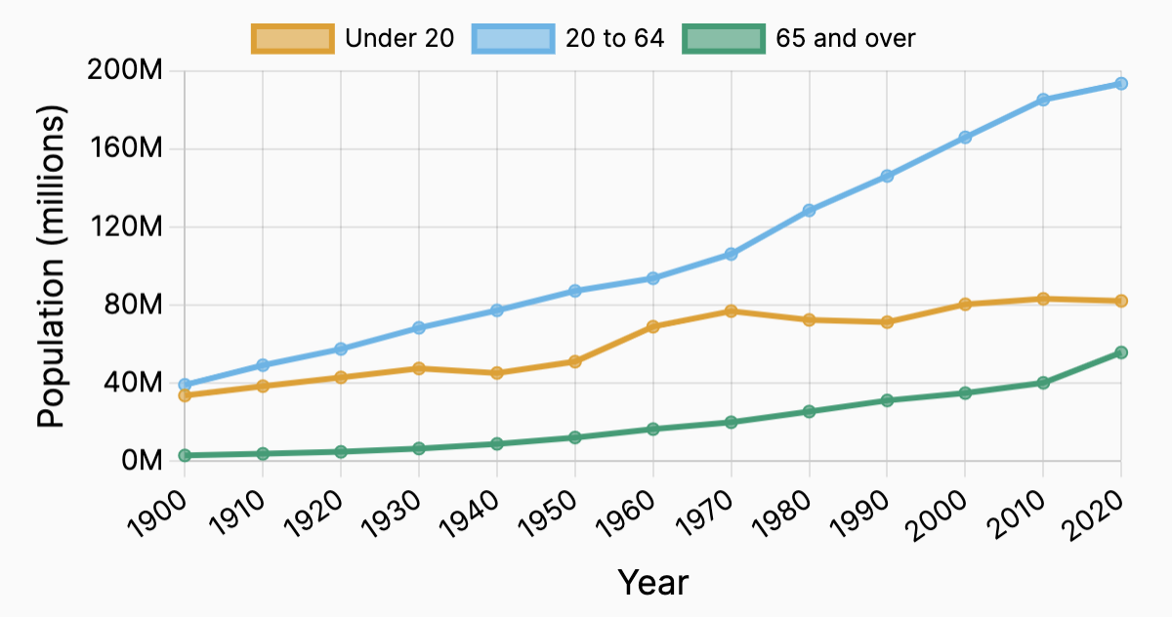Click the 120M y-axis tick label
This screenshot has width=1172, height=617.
[135, 226]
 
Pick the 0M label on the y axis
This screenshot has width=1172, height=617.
[143, 460]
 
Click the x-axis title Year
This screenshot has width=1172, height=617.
[652, 583]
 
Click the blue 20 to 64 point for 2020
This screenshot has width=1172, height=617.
[1121, 84]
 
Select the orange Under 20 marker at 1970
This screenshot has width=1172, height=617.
[731, 311]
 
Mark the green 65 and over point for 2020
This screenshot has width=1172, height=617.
[1121, 352]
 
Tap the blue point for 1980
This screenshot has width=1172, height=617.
[809, 210]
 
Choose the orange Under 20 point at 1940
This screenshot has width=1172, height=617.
[497, 373]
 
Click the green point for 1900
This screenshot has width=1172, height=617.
[185, 455]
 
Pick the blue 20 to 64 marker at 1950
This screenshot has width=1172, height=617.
[575, 291]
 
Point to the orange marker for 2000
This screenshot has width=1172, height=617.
[965, 304]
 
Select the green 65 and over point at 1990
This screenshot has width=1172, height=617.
[887, 400]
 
